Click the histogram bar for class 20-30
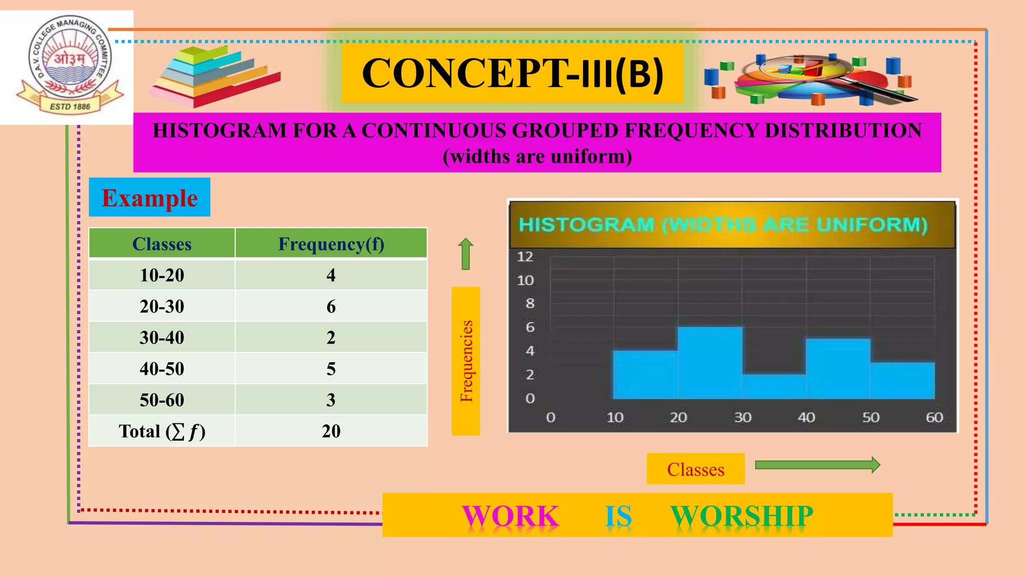710,363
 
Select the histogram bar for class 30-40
774,386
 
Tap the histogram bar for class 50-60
902,380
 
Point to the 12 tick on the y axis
525,257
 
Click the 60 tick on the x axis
934,417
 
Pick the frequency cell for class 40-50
331,369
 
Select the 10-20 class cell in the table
162,275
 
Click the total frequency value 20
331,431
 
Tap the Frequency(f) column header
331,244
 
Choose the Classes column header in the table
162,244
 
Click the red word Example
149,198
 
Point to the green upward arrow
466,253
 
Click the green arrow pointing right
817,465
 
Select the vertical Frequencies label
466,361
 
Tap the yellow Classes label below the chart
695,469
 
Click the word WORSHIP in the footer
741,516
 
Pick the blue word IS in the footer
618,516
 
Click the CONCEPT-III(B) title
512,74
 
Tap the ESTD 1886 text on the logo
70,107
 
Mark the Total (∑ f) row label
162,431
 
